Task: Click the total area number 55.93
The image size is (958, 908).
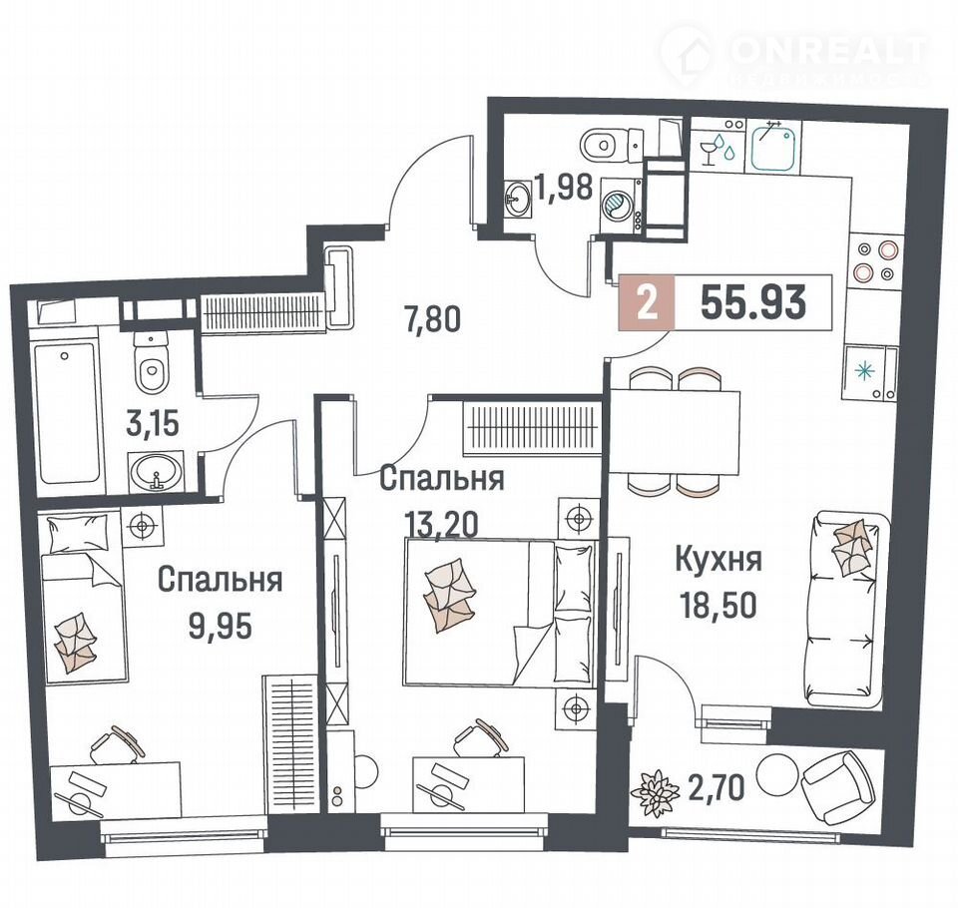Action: tap(753, 303)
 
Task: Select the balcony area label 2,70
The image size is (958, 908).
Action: tap(717, 787)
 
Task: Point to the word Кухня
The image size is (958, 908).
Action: tap(718, 560)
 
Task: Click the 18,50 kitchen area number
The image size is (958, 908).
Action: tap(718, 605)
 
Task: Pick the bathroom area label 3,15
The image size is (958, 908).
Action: tap(152, 423)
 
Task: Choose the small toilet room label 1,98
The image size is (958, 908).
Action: tap(564, 187)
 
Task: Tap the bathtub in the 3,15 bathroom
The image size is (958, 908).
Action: tap(66, 414)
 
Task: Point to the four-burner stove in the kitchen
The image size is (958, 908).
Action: tap(874, 260)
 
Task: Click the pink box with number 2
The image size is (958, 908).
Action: tap(647, 303)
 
